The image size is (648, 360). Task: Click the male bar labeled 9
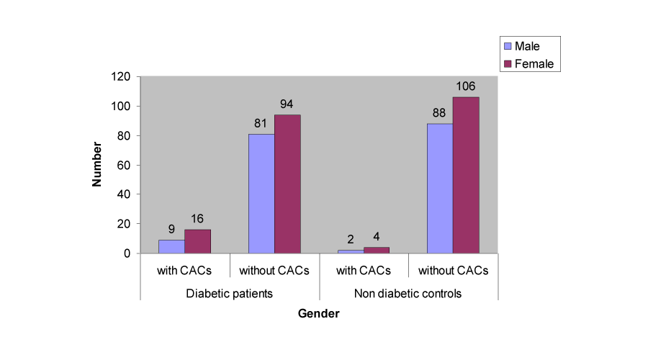[171, 246]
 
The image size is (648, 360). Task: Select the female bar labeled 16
[197, 241]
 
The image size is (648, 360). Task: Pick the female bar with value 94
[287, 184]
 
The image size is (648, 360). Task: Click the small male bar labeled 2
[351, 251]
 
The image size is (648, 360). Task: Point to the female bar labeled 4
[377, 250]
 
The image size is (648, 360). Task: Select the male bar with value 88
[440, 188]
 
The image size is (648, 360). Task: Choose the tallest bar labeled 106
[466, 175]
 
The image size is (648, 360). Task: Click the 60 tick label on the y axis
[123, 165]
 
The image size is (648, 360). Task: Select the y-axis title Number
[96, 165]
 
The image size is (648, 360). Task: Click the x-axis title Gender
[318, 314]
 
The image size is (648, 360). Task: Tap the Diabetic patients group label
[229, 294]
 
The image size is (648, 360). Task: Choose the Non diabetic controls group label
[408, 294]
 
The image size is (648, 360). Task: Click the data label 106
[466, 87]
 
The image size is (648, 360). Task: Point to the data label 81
[261, 124]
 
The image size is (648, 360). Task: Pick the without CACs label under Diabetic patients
[274, 271]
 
